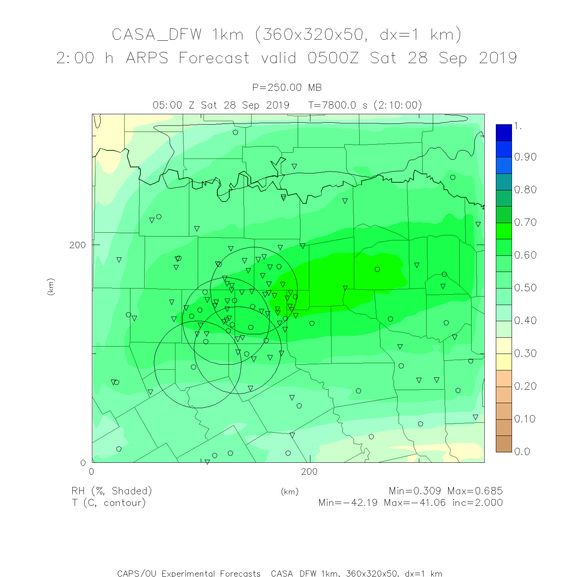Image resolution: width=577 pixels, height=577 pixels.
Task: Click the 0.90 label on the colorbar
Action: [525, 157]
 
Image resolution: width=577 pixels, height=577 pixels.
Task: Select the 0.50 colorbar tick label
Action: [525, 288]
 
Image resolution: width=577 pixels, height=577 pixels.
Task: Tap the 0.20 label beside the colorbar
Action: [525, 386]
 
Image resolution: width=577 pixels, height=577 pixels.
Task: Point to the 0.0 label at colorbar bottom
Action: [522, 452]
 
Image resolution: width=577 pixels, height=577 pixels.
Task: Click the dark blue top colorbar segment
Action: [504, 132]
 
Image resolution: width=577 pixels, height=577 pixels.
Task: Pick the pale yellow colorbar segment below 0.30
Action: [504, 362]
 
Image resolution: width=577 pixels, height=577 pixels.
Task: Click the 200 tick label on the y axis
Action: [77, 245]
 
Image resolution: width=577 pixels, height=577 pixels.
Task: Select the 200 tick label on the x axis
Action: [309, 472]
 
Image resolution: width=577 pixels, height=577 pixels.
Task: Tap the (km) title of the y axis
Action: [51, 287]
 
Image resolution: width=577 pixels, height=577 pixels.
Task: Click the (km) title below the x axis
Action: [290, 492]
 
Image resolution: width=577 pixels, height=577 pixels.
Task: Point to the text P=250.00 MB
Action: [287, 88]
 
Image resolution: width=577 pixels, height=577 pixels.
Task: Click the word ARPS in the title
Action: [147, 58]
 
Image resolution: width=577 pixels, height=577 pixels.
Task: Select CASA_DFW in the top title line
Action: [157, 35]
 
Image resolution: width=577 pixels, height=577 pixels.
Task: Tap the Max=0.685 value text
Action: [475, 491]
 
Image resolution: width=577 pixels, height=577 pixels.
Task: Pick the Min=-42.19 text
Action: [348, 503]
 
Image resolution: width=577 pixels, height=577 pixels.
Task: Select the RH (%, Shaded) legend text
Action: [112, 491]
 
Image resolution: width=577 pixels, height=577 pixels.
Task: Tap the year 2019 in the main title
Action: [498, 58]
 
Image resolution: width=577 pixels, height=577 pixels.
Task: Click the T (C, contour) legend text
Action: [109, 503]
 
